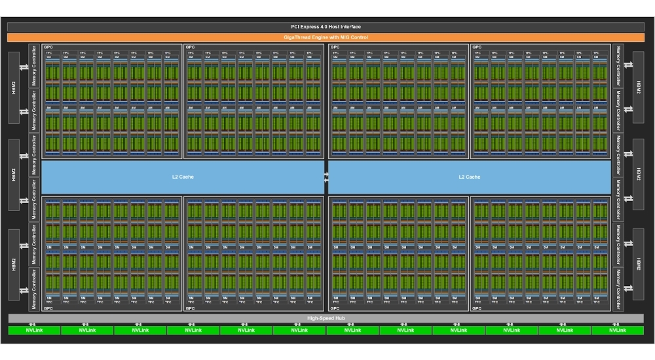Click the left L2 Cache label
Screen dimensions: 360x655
pos(183,177)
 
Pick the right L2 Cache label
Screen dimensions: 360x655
pos(469,177)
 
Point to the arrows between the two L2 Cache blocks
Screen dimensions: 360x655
pos(326,177)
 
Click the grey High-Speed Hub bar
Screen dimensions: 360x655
pos(326,318)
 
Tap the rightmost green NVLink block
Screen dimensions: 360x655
pos(617,331)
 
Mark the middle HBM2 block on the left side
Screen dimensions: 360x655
pos(14,174)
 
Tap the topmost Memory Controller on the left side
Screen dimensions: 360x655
pos(34,66)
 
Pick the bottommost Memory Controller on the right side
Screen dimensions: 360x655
pos(617,289)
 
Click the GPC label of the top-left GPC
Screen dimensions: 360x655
pos(47,47)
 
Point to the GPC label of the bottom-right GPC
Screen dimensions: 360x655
pos(477,308)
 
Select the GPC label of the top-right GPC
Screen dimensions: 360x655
pos(477,47)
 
